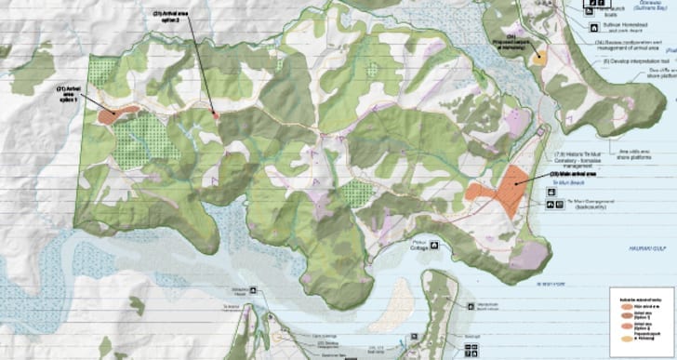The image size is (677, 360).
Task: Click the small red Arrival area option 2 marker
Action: (x=216, y=114)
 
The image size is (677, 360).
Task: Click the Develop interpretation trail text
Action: (x=631, y=58)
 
